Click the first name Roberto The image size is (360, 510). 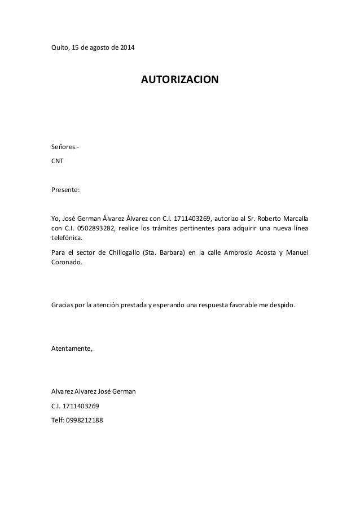[269, 218]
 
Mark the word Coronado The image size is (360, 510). [66, 262]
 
